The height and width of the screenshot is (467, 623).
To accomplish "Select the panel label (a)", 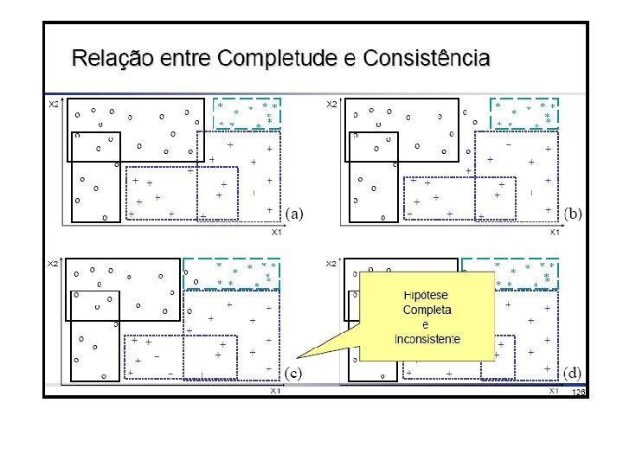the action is pos(295,213).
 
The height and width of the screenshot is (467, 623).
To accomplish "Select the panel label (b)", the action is pos(573,213).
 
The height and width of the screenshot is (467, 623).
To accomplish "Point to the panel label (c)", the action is pos(295,373).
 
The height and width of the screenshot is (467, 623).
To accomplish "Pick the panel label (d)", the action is pos(573,373).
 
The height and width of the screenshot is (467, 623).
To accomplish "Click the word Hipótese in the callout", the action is pos(427,295).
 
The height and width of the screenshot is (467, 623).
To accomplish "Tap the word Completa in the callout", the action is pos(427,310).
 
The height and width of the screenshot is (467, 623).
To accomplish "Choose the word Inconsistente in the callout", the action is pos(427,338).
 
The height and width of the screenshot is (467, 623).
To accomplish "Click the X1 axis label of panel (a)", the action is pos(277,231).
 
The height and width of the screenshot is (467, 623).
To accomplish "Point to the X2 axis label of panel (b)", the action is pos(331,105).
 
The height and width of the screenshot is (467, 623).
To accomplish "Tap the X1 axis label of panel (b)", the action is pos(555,231).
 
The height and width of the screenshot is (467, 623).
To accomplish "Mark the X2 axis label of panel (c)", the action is pos(53,263).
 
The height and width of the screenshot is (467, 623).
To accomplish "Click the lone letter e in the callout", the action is pos(426,324).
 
